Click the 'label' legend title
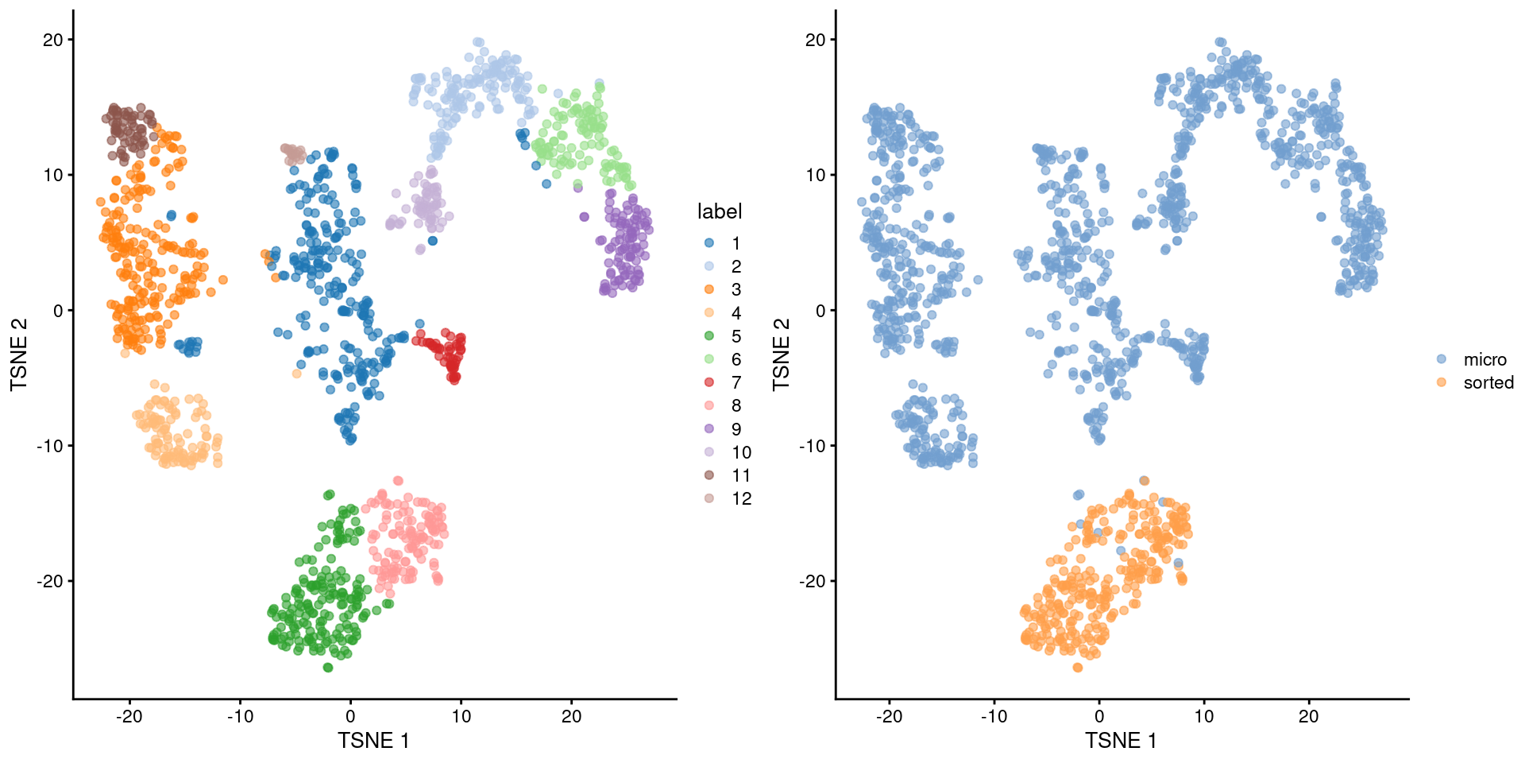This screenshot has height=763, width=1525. click(719, 211)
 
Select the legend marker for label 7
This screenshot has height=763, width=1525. click(709, 382)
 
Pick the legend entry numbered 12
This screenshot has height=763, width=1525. click(741, 498)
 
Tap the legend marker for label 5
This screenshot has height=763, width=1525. click(709, 336)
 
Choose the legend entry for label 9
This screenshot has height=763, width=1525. click(735, 429)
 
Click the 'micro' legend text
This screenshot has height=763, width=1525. click(1484, 359)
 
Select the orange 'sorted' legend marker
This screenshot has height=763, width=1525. click(1442, 382)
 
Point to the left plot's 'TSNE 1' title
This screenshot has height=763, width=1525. click(373, 741)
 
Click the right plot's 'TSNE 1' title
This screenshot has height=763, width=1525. click(1121, 741)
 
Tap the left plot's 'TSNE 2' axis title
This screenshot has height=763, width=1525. click(19, 354)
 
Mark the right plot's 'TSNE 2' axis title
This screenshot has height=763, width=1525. click(782, 354)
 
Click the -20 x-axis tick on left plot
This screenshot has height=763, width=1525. click(129, 716)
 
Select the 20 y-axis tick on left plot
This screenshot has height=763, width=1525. click(53, 40)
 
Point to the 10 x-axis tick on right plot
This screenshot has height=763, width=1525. click(1203, 716)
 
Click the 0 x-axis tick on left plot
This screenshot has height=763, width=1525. click(350, 716)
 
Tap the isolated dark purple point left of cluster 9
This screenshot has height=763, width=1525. click(585, 216)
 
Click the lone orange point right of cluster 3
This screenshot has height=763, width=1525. click(223, 280)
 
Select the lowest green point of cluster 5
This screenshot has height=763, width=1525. click(328, 668)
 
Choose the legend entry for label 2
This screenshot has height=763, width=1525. click(735, 266)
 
